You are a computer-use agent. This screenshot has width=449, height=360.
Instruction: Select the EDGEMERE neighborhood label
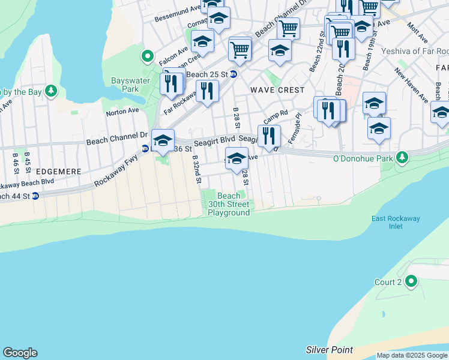[x=58, y=172]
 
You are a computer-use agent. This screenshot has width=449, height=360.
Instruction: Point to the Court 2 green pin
[x=411, y=281]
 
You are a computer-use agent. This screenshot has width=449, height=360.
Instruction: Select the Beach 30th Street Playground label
[x=229, y=204]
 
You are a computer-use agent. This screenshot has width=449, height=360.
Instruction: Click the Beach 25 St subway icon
[x=234, y=74]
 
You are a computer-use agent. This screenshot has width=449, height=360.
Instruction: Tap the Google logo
[x=20, y=353]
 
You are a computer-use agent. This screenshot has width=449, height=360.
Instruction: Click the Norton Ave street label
[x=122, y=112]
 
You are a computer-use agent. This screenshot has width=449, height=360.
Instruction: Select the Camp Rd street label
[x=276, y=113]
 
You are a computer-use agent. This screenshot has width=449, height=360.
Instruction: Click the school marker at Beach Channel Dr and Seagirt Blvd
[x=162, y=140]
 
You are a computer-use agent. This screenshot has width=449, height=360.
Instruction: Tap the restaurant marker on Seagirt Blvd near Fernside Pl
[x=269, y=136]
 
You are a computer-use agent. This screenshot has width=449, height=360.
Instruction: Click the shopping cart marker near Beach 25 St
[x=240, y=49]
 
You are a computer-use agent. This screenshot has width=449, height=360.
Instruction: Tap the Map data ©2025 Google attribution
[x=412, y=355]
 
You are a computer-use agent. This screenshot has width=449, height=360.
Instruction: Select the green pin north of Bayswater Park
[x=147, y=57]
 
